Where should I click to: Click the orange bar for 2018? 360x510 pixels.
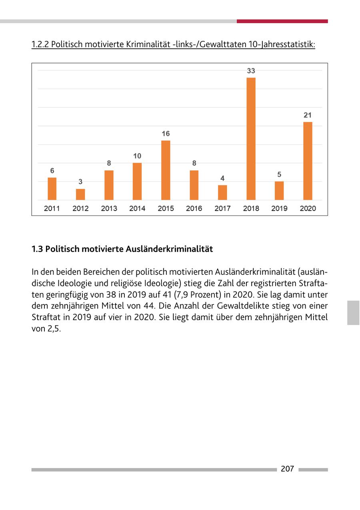click(x=251, y=139)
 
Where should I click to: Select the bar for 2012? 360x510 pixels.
click(x=80, y=194)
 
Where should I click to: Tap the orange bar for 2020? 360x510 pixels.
click(x=308, y=161)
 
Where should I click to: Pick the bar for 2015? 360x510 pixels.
click(x=166, y=170)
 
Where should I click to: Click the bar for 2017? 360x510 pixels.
click(x=222, y=192)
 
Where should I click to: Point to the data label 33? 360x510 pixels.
click(x=251, y=71)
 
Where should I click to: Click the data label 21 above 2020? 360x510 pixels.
click(x=308, y=115)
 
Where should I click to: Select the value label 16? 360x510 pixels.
click(x=166, y=133)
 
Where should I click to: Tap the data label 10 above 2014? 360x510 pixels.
click(x=137, y=156)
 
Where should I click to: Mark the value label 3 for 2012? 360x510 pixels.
click(x=80, y=181)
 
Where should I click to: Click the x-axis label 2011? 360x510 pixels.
click(x=52, y=208)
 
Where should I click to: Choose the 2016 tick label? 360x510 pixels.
click(x=194, y=208)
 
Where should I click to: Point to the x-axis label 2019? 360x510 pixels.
click(x=279, y=208)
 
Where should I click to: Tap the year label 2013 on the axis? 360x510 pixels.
click(x=109, y=208)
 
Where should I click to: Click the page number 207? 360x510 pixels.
click(x=287, y=469)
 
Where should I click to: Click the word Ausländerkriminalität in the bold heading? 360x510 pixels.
click(x=169, y=249)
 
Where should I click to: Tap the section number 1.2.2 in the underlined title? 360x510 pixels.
click(x=40, y=44)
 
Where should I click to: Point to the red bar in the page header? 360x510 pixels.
click(x=282, y=21)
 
